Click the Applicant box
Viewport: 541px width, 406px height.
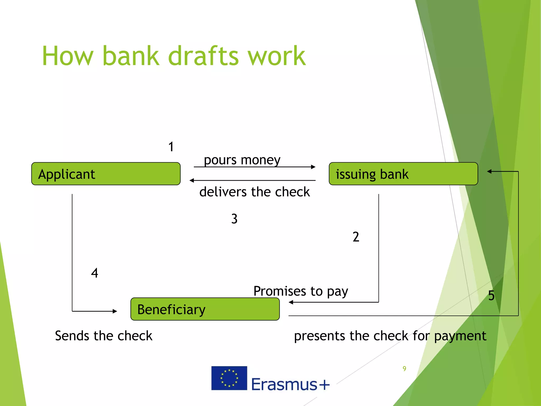coord(106,174)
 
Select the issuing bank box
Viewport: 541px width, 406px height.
coord(403,174)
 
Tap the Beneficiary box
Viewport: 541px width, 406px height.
coord(205,309)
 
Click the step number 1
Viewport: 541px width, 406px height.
coord(171,147)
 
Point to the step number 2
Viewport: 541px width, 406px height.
coord(356,237)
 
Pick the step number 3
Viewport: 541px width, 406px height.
coord(234,219)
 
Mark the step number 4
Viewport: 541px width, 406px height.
coord(95,273)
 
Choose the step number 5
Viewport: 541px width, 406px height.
coord(491,296)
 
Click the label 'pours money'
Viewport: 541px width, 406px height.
coord(242,160)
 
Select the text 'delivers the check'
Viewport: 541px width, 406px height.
coord(254,192)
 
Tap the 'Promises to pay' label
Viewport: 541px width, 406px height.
coord(301,291)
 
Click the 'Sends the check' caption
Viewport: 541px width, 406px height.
coord(104,336)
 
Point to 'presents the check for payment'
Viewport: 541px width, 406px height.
coord(390,336)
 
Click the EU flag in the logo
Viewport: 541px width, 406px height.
coord(229,378)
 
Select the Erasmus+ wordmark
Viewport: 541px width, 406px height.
coord(290,384)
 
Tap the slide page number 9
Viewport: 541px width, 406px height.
coord(404,368)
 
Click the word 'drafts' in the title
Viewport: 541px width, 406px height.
coord(203,56)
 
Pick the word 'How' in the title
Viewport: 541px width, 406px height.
coord(68,56)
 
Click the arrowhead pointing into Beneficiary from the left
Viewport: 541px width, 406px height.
coord(115,311)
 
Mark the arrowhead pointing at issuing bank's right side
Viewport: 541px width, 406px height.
coord(489,171)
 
